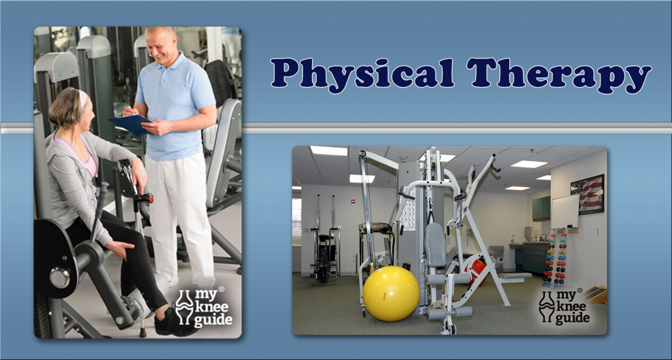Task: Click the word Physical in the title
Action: (362, 75)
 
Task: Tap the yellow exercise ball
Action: (391, 293)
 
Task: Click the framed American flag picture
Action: (587, 194)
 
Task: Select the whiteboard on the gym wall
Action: (565, 212)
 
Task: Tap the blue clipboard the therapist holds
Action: (130, 124)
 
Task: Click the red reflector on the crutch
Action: (151, 199)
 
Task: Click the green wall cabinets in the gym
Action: (541, 208)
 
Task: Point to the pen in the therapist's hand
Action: (131, 110)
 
